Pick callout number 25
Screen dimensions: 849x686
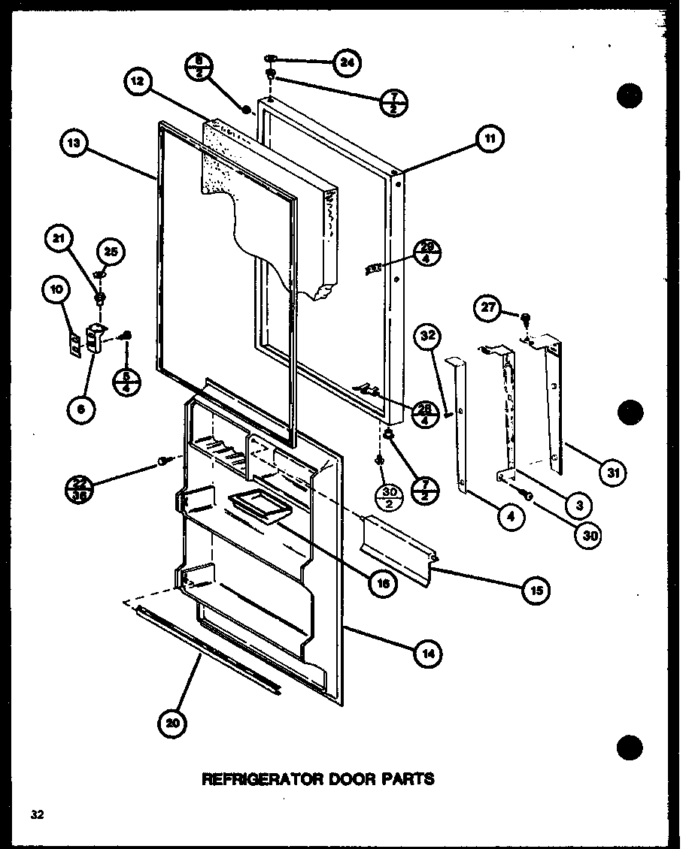click(x=111, y=251)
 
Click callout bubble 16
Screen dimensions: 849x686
click(x=383, y=585)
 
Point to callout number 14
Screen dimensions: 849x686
click(x=427, y=654)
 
